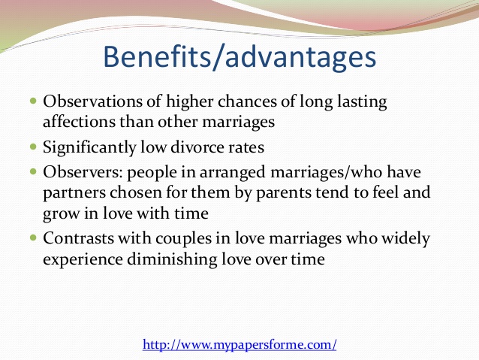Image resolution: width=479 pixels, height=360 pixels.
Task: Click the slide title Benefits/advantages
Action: click(239, 57)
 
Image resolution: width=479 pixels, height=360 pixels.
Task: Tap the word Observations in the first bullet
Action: click(92, 101)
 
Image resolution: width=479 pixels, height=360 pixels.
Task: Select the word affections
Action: click(79, 122)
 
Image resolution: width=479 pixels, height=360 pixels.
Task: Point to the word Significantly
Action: click(89, 148)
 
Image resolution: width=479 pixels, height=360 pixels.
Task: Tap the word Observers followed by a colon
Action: click(83, 172)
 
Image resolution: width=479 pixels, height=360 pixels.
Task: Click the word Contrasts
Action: click(78, 238)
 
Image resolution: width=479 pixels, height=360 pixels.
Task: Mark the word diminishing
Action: click(172, 260)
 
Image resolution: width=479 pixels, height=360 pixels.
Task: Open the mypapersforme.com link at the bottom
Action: click(239, 345)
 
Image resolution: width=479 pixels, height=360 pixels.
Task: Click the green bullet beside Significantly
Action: click(33, 147)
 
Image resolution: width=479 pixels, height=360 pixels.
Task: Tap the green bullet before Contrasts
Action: click(33, 237)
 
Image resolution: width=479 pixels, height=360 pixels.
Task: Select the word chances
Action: click(247, 101)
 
